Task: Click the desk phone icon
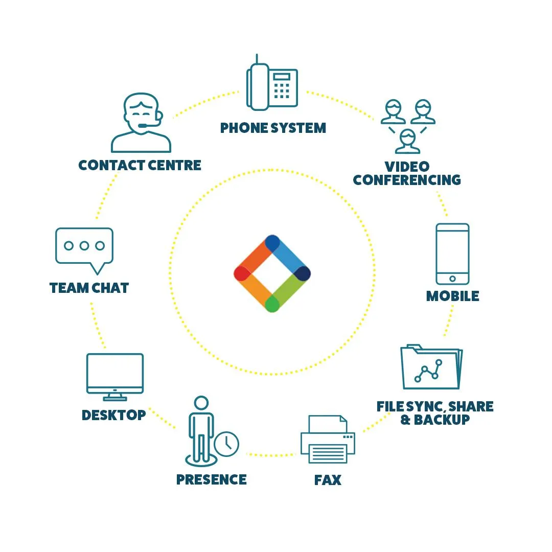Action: (272, 85)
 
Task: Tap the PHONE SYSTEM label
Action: (273, 128)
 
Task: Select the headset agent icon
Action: (141, 123)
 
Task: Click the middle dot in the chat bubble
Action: (84, 246)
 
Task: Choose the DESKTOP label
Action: (114, 415)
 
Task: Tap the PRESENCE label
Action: (211, 479)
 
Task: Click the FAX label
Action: (328, 480)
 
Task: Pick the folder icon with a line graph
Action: (431, 367)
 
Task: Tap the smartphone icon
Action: (452, 254)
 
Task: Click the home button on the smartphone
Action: (452, 279)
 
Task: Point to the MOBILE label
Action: (453, 296)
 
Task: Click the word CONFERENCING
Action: (407, 180)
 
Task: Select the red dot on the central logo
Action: (241, 273)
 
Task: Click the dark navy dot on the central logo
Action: (303, 273)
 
